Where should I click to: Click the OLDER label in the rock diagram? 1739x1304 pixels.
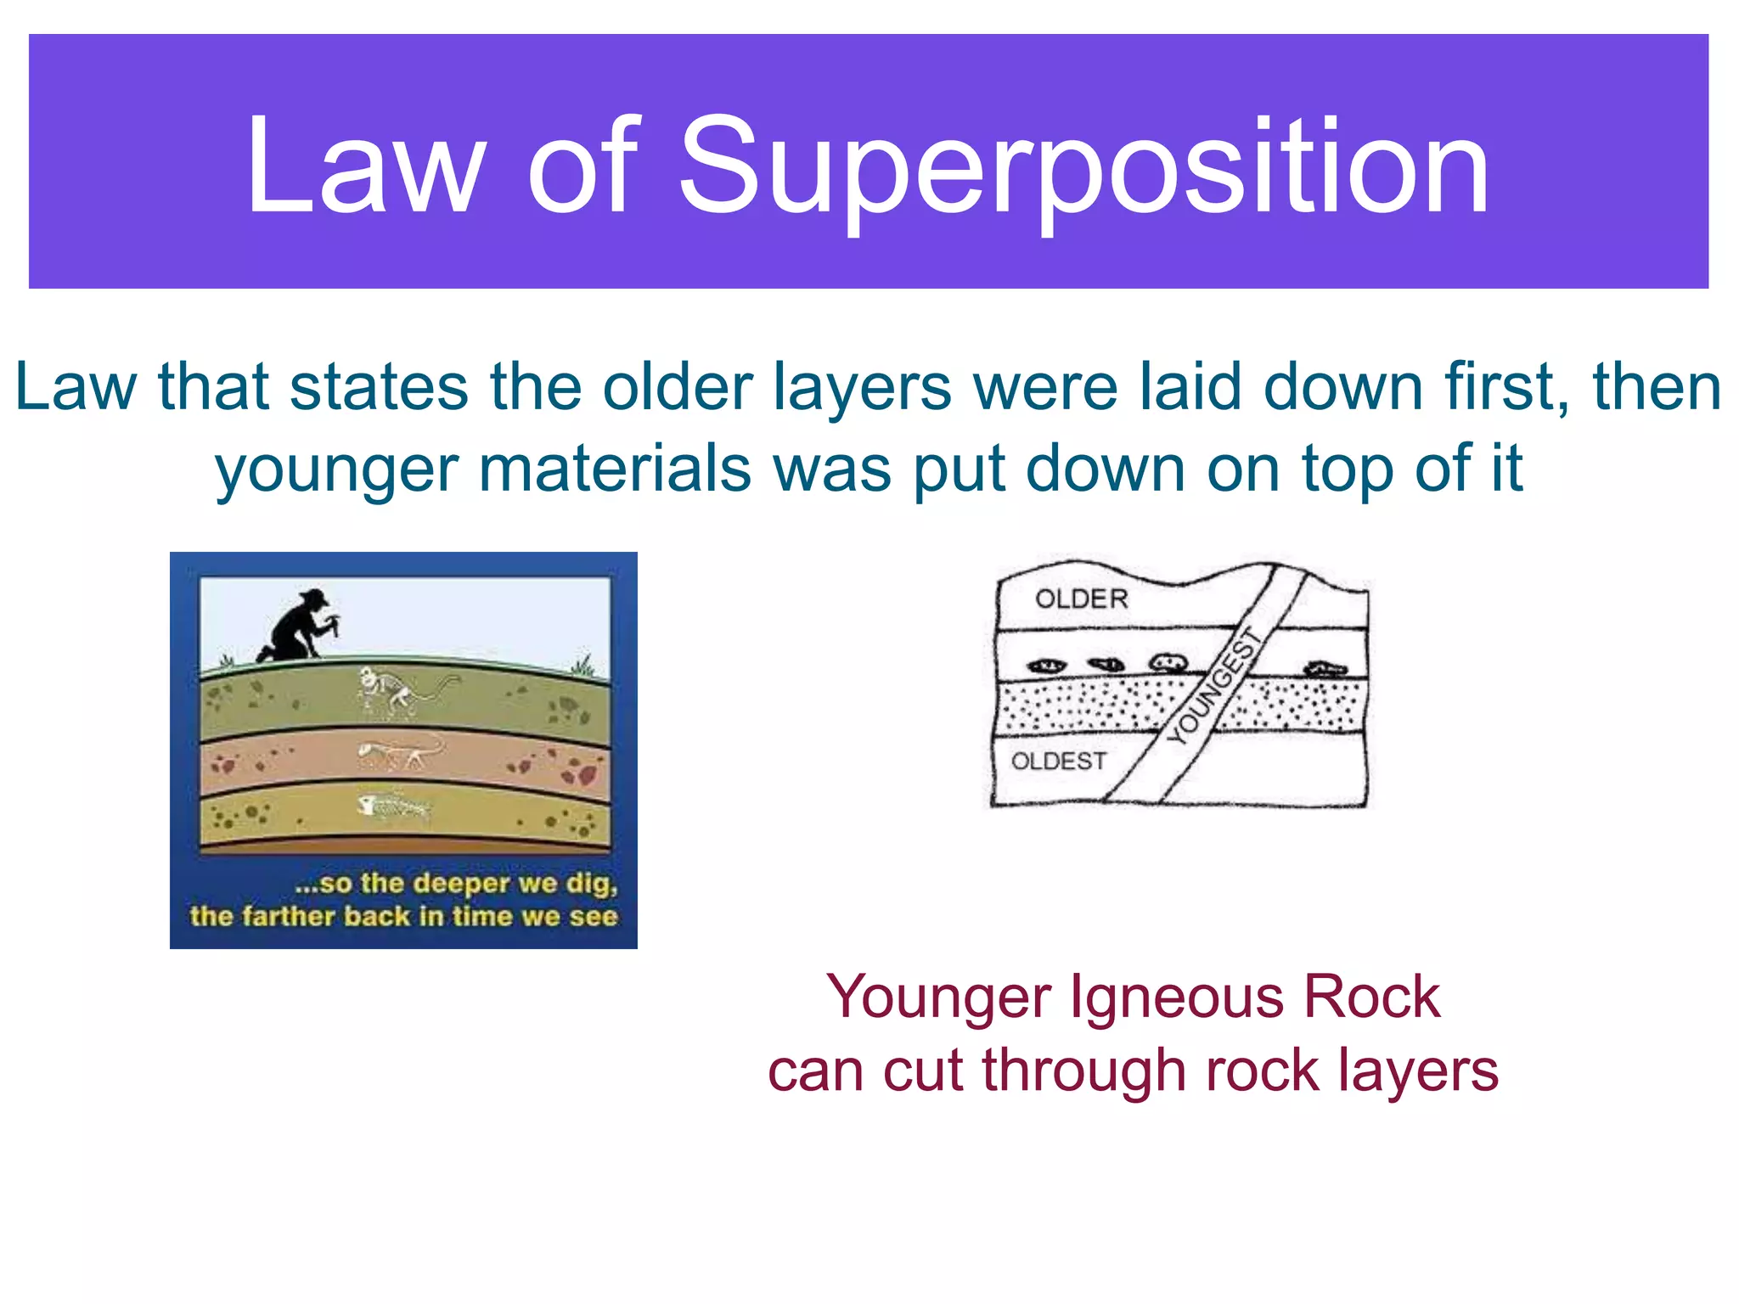1081,599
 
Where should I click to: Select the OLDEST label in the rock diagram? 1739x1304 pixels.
1058,762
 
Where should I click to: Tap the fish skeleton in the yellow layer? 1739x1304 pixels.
392,806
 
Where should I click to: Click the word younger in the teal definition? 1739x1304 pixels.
336,469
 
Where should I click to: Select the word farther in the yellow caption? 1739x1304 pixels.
288,917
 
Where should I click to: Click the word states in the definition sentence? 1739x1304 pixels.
379,387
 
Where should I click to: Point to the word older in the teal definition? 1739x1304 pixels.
678,387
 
